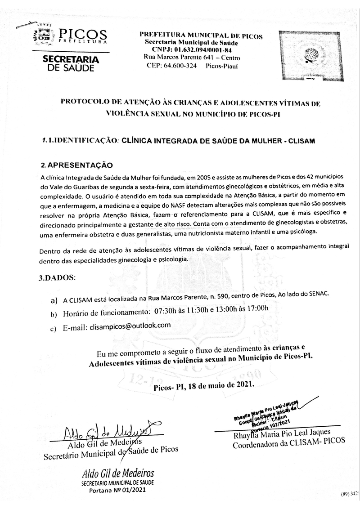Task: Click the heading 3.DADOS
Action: (57, 277)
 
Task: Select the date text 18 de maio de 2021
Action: (221, 385)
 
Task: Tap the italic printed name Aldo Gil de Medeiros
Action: (118, 473)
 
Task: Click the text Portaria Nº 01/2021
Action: (118, 490)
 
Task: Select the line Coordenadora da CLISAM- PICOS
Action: (288, 445)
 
